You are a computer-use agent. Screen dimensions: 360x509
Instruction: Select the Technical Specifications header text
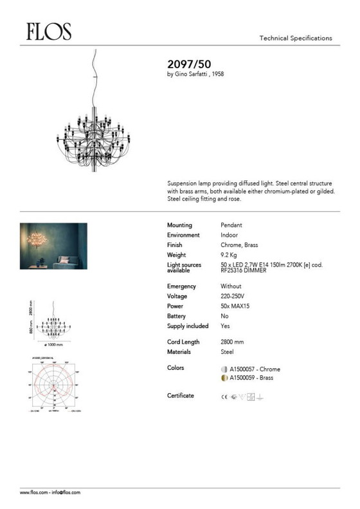295,39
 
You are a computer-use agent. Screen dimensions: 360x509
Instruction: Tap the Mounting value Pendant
231,225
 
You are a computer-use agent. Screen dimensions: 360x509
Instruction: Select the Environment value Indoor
229,236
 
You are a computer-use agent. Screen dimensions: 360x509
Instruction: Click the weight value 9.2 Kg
230,255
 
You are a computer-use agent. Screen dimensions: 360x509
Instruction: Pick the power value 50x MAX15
235,306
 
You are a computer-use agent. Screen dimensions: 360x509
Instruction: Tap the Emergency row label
182,286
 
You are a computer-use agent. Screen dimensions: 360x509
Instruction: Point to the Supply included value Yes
225,326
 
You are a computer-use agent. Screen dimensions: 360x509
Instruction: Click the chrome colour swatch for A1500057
224,369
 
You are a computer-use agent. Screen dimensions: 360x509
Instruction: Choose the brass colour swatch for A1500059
224,378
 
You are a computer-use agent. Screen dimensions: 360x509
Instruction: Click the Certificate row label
181,395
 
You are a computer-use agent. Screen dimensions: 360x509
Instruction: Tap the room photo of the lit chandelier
53,246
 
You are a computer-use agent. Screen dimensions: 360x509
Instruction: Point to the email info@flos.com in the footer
67,492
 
